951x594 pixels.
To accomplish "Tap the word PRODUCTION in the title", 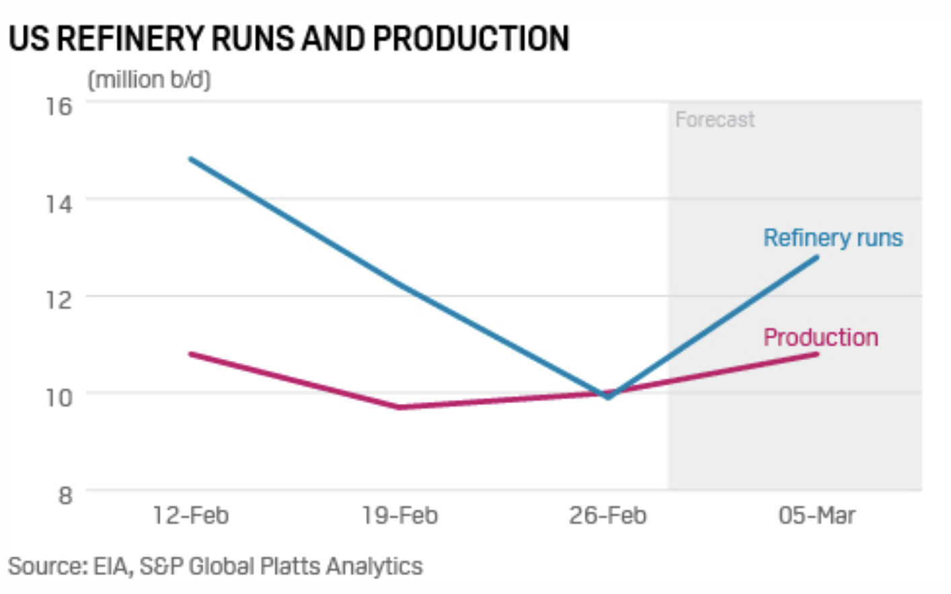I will pos(471,38).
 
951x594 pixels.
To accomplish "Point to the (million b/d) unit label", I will pos(149,80).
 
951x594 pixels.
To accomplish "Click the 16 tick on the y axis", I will pos(59,105).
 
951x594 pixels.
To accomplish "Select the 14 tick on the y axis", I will pos(59,202).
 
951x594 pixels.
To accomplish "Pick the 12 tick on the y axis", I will pos(59,300).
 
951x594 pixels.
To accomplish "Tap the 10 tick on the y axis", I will pos(59,397).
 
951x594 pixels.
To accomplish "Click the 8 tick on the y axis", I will pos(65,495).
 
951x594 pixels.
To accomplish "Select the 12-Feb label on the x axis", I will pos(191,515).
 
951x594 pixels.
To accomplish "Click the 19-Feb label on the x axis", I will pos(400,515).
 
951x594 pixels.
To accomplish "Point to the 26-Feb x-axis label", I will pos(608,515).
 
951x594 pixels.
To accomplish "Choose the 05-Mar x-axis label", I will pos(817,515).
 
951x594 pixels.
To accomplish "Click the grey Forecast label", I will pos(715,120).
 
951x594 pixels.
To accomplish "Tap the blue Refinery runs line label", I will pos(833,238).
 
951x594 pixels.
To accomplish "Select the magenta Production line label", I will pos(821,337).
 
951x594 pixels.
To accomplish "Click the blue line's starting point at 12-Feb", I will pos(191,159).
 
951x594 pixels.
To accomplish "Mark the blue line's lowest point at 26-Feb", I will pos(609,398).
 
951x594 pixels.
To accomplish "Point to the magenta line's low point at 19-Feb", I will pos(400,407).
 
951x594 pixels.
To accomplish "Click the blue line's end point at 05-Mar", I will pos(817,257).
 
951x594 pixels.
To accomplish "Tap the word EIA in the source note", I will pos(111,566).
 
